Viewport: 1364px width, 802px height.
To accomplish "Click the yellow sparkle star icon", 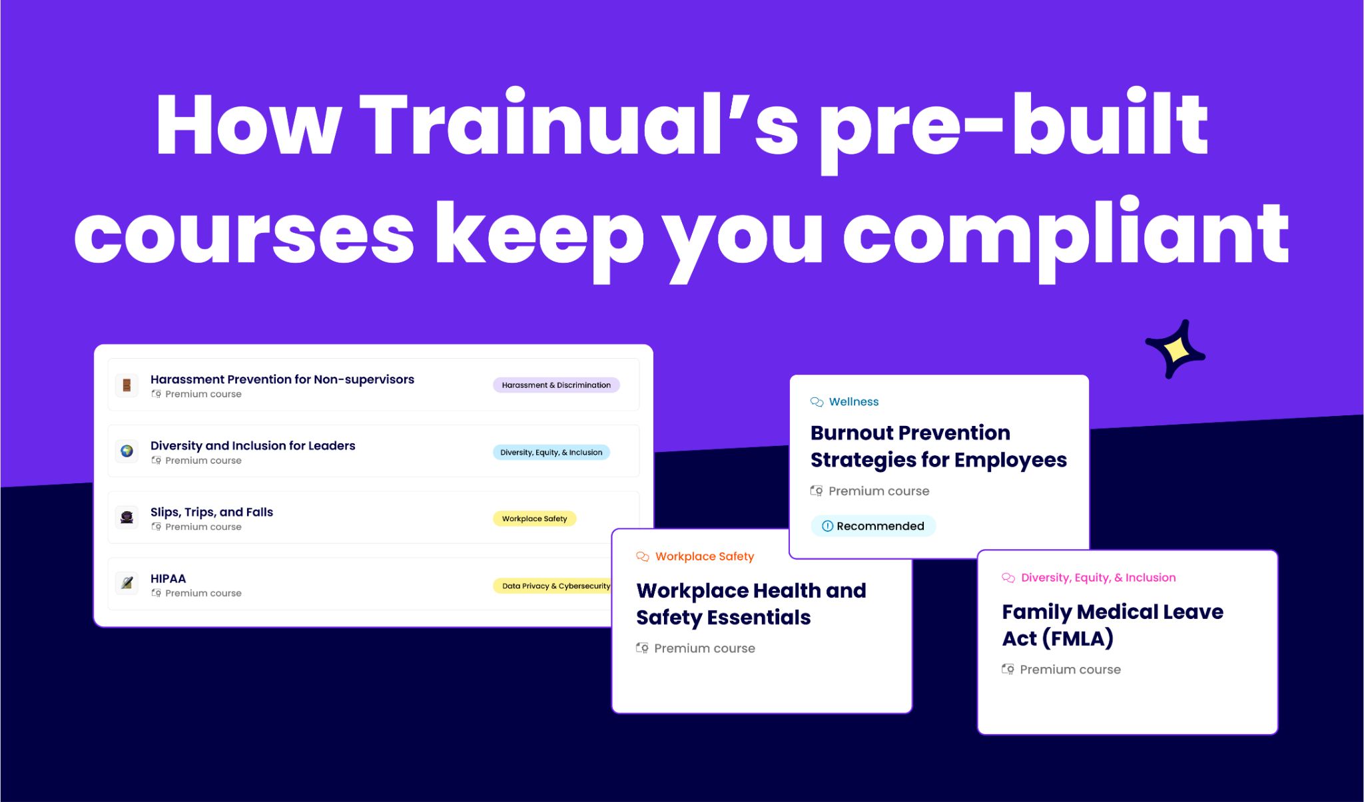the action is coord(1176,349).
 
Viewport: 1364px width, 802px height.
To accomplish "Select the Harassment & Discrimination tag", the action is coord(556,385).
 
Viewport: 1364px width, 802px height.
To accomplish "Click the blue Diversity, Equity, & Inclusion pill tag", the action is coord(551,452).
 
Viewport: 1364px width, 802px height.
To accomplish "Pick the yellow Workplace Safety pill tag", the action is coord(534,518).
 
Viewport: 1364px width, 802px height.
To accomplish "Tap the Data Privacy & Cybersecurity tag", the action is coord(553,586).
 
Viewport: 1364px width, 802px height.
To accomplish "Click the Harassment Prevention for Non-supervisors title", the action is coord(282,379).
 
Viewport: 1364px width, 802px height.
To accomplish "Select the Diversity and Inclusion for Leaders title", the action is coord(253,446).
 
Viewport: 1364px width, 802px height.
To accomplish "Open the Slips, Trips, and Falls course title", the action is coord(212,512).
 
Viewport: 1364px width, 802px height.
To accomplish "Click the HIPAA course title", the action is coord(168,578).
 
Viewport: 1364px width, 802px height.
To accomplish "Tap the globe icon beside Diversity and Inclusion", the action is coord(127,451).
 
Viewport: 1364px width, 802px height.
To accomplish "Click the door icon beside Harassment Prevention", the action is coord(127,385).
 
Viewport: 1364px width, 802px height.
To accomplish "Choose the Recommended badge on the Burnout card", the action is coord(873,526).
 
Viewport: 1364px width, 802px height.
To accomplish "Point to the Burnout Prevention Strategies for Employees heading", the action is coord(938,447).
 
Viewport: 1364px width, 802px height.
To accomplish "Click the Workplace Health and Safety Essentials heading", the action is coord(751,604).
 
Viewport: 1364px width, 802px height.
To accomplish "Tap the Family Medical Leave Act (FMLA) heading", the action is coord(1113,625).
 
